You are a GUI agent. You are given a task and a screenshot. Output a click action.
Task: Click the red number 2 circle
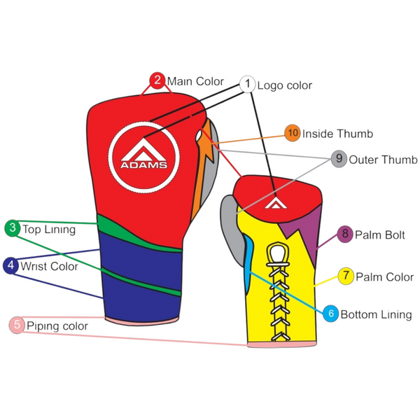(158, 79)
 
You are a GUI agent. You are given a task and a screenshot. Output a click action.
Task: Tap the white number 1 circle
(247, 84)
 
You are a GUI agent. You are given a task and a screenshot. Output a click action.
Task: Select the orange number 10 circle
(293, 133)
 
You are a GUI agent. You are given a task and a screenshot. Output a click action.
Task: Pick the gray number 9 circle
(339, 159)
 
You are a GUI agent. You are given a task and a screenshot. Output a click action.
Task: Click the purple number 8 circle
(345, 234)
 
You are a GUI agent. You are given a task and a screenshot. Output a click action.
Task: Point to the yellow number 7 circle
(346, 276)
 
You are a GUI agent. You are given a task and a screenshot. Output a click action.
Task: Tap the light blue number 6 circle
(331, 314)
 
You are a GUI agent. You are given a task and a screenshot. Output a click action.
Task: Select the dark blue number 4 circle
(11, 265)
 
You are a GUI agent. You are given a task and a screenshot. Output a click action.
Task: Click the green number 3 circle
(13, 227)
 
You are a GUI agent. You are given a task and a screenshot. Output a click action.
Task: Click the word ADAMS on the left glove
(143, 166)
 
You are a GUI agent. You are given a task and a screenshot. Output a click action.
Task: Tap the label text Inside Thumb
(337, 134)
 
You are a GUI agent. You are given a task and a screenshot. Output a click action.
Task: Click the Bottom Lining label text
(376, 315)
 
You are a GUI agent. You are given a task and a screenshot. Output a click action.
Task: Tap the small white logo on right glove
(274, 202)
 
